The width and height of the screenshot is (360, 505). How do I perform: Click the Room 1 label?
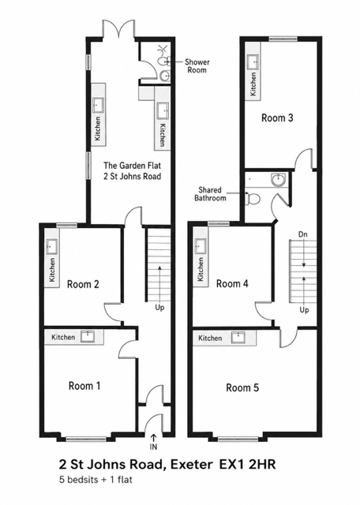point(84,386)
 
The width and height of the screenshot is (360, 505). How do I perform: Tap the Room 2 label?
point(83,284)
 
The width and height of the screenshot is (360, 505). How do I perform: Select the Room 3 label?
point(277,118)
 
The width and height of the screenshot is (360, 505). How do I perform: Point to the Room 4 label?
point(232,284)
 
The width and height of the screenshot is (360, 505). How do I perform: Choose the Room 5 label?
point(242,387)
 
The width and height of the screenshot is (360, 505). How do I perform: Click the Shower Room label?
point(197,66)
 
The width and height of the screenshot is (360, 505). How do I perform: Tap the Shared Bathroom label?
point(210,194)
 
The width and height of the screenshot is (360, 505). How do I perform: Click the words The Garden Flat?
point(132,166)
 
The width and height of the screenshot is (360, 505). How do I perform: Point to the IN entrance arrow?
point(153,438)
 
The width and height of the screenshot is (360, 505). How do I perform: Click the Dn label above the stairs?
point(302,234)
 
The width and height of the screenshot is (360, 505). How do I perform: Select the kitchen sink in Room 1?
point(88,337)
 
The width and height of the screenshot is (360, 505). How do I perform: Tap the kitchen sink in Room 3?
point(253,62)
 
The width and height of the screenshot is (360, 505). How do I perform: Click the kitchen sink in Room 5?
point(238,337)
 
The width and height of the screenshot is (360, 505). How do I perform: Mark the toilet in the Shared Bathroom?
point(253,199)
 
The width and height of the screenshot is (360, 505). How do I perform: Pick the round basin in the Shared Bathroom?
point(277,180)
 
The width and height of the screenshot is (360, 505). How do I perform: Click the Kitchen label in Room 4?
point(201,269)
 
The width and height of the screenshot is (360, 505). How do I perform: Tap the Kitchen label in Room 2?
point(51,270)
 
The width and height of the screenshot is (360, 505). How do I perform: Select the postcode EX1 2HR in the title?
point(247,465)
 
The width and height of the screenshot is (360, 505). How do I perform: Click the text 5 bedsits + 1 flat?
point(96,480)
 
